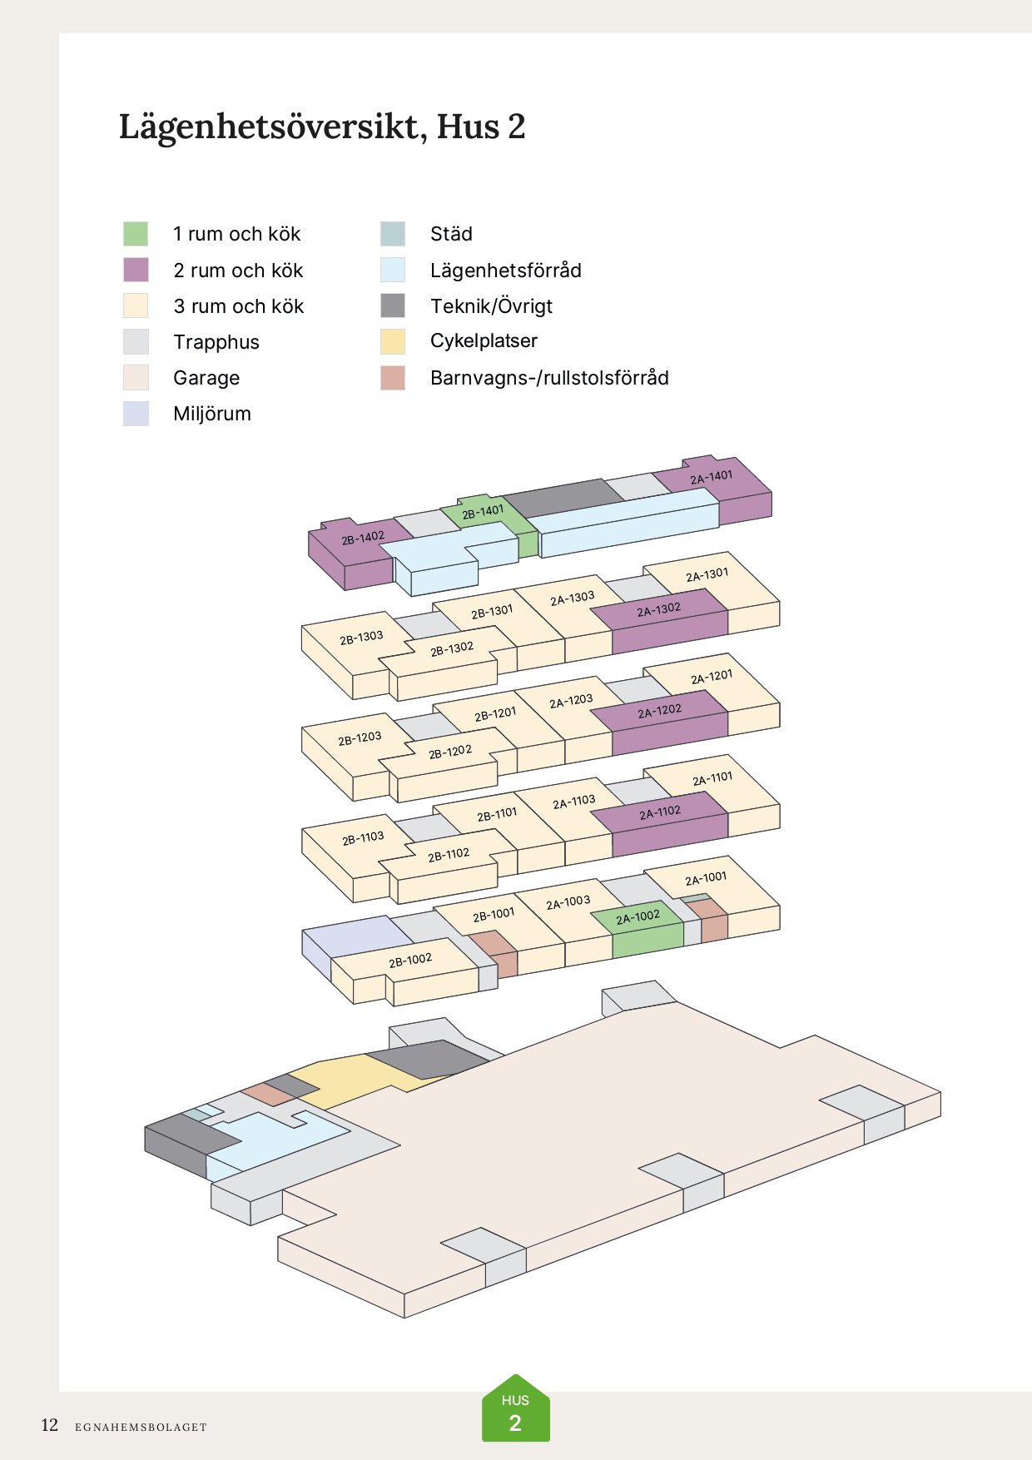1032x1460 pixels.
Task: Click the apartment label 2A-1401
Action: pos(711,477)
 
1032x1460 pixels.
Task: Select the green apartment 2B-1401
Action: pos(483,511)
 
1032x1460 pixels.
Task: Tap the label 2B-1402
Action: pos(363,539)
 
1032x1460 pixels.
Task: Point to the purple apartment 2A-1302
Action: pos(658,610)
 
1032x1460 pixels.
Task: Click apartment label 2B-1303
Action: pos(361,638)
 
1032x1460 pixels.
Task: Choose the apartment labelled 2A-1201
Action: pos(712,677)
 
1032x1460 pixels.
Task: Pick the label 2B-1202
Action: pos(450,752)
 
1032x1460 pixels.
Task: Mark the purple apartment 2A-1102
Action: pos(660,812)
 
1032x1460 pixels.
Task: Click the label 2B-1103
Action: pos(363,838)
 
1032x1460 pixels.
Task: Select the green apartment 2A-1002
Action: pos(638,917)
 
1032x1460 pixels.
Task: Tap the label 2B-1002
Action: pos(410,961)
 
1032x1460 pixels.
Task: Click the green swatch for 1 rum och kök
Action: pos(136,234)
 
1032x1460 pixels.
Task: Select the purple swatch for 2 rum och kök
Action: pos(136,270)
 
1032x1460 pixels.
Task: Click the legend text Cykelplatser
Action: pos(484,340)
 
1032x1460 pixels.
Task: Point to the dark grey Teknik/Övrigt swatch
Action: pos(393,305)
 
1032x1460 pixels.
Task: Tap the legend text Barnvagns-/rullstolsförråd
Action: pos(549,378)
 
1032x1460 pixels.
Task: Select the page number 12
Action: pos(50,1425)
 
